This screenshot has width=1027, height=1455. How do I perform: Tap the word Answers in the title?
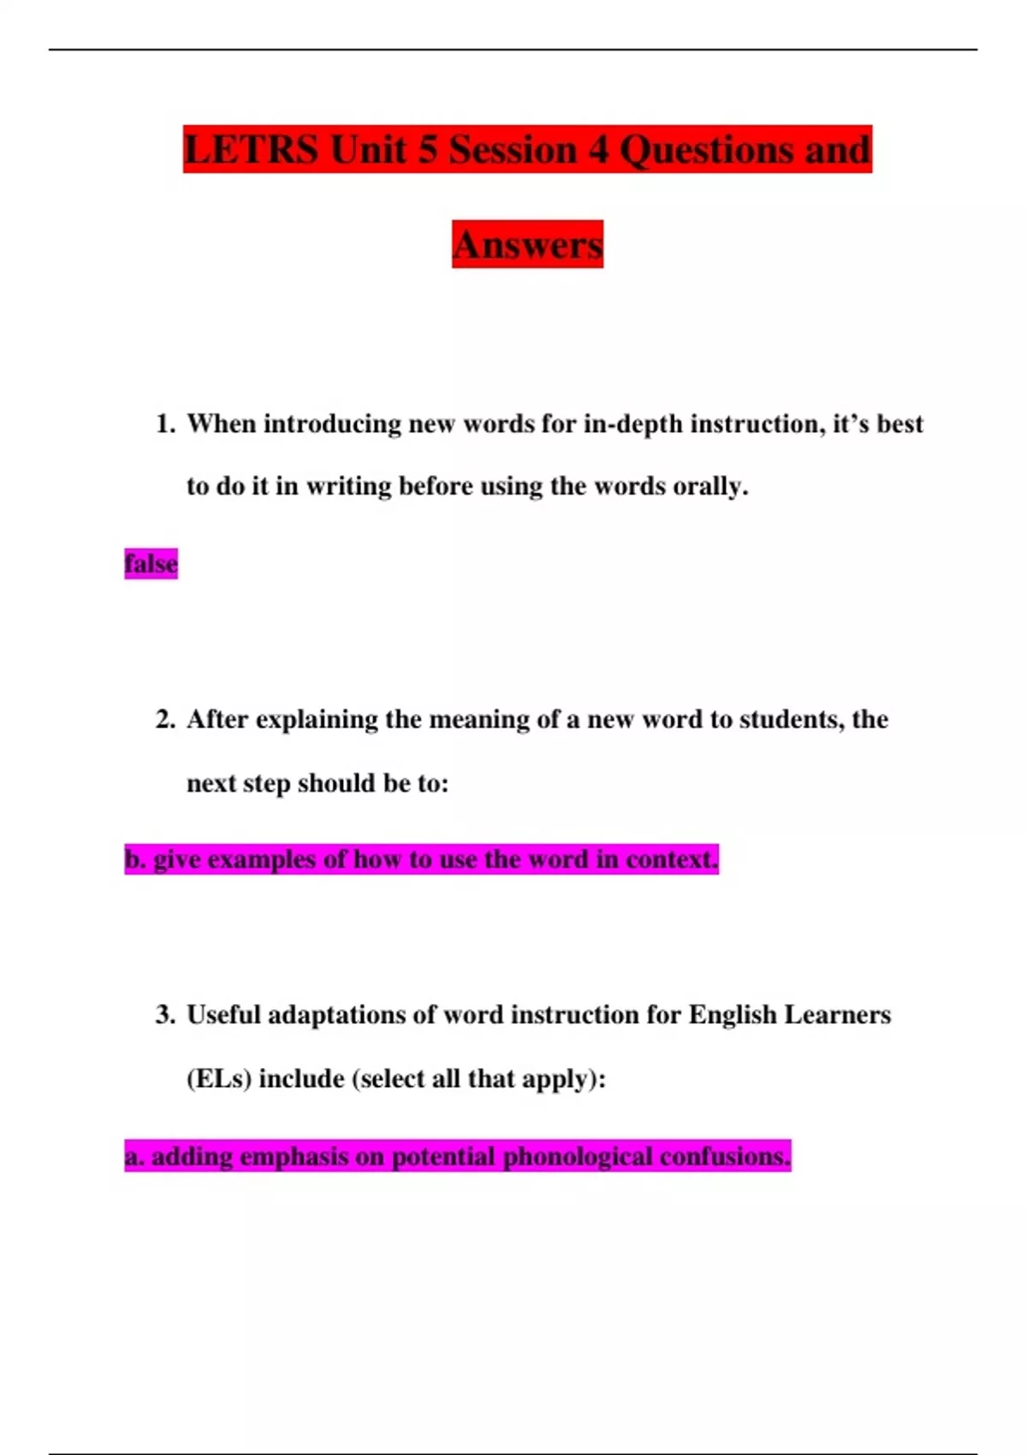(527, 245)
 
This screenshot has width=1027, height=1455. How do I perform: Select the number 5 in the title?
(426, 150)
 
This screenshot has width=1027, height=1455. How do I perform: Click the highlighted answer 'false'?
(151, 564)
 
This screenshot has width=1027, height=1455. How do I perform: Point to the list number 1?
(164, 424)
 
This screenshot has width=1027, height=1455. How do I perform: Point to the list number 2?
(164, 719)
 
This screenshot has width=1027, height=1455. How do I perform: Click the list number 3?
(164, 1015)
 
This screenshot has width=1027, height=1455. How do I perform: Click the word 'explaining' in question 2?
(316, 720)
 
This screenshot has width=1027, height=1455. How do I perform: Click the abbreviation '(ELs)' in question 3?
(219, 1078)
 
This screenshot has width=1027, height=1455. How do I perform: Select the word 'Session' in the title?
(512, 150)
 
